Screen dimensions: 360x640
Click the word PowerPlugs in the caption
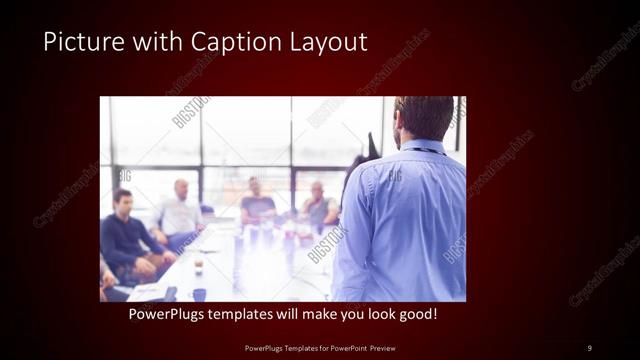pyautogui.click(x=168, y=315)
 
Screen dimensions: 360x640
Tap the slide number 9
pyautogui.click(x=589, y=347)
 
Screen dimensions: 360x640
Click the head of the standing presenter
pyautogui.click(x=424, y=118)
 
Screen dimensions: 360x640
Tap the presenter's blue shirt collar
pyautogui.click(x=424, y=148)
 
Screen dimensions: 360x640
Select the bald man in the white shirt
pyautogui.click(x=181, y=213)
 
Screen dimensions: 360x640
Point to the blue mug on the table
pyautogui.click(x=199, y=294)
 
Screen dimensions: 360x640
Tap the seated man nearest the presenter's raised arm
pyautogui.click(x=318, y=206)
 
